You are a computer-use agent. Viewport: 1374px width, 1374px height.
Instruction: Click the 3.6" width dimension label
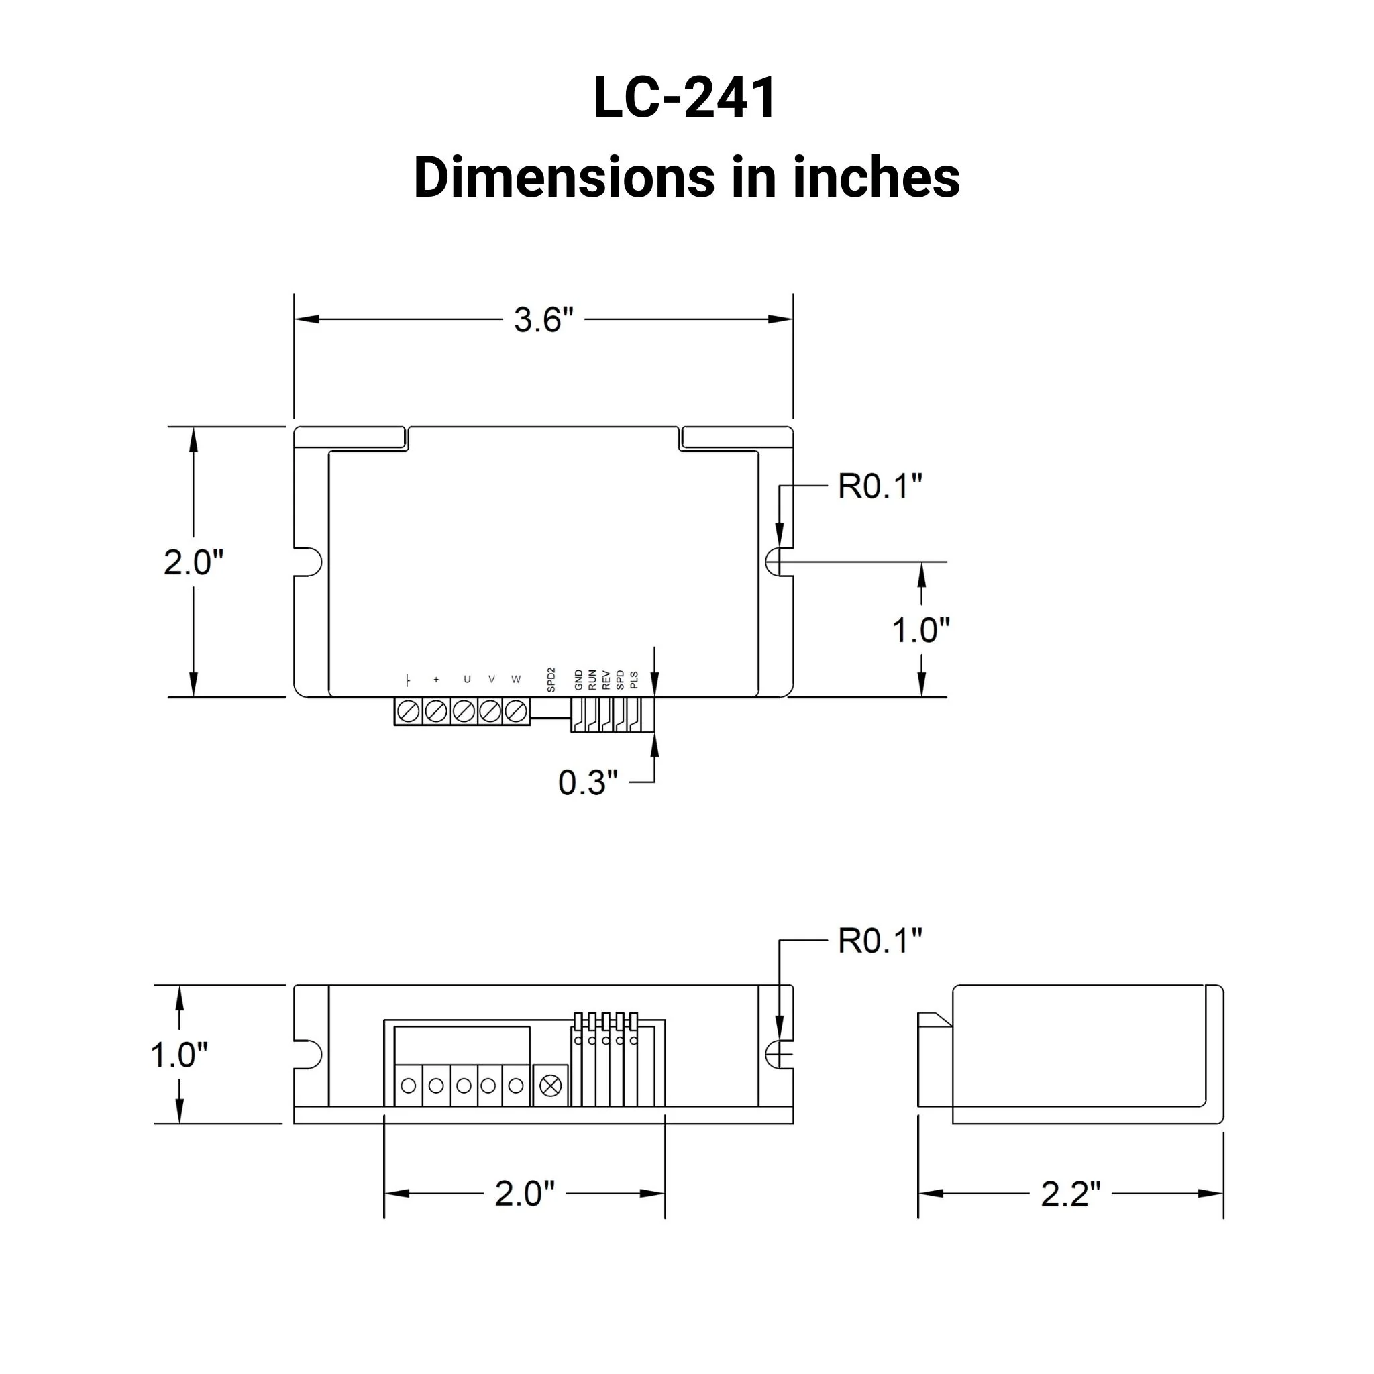click(x=543, y=320)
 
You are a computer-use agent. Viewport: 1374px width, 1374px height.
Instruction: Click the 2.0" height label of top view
click(x=193, y=562)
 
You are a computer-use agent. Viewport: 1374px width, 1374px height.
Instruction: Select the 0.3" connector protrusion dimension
click(x=588, y=782)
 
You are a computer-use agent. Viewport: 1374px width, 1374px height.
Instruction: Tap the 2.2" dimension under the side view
click(x=1070, y=1194)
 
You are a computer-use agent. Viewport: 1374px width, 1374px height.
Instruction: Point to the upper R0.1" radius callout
click(x=880, y=486)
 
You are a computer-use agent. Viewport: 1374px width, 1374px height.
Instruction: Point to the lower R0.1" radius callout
click(x=880, y=941)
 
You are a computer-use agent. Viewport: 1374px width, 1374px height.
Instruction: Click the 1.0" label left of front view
click(x=178, y=1055)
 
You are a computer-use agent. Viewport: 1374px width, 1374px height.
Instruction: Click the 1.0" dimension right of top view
click(x=921, y=630)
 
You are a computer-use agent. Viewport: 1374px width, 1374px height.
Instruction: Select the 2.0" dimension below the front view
click(x=524, y=1194)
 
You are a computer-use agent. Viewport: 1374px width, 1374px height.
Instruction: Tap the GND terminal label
click(x=578, y=680)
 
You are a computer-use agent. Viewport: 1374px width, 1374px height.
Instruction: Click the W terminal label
click(x=516, y=679)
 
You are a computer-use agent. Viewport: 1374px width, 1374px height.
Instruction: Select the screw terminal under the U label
click(x=463, y=711)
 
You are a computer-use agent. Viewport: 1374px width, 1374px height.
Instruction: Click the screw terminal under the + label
click(x=435, y=711)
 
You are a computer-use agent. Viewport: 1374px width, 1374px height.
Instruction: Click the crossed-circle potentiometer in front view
click(x=551, y=1086)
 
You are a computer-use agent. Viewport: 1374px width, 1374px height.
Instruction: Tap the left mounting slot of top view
click(x=309, y=562)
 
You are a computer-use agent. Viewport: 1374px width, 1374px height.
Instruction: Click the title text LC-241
click(x=686, y=98)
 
